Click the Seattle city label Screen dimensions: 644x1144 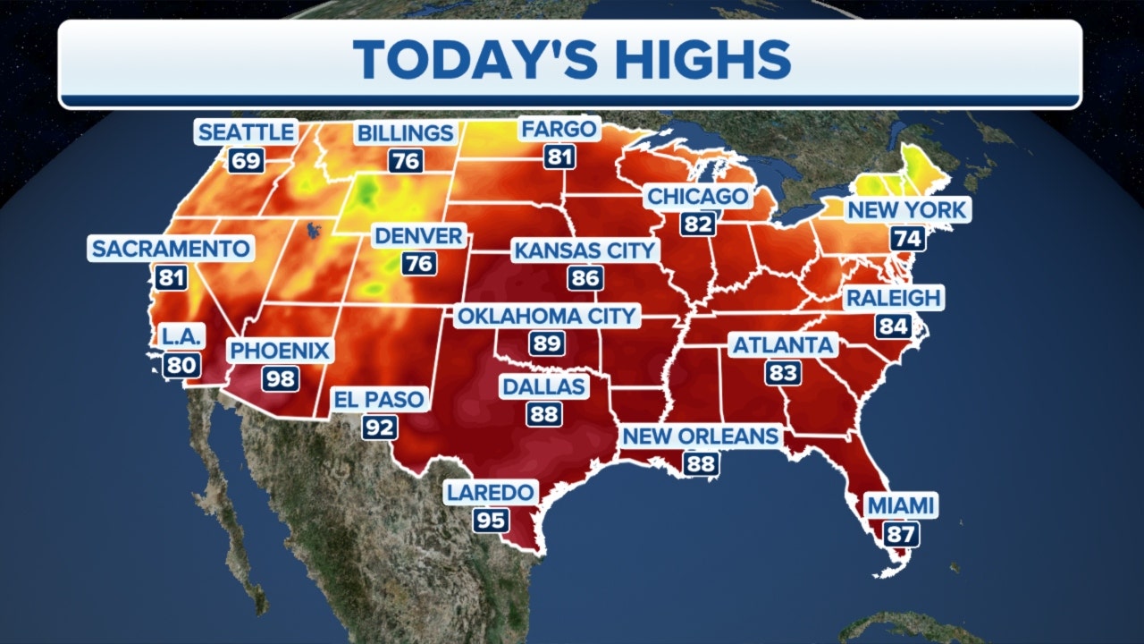point(246,132)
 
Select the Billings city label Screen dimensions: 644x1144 point(406,133)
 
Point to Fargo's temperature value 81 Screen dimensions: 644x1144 point(559,157)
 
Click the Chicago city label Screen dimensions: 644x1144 point(697,196)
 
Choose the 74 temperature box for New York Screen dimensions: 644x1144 point(907,238)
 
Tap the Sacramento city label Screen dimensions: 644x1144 point(171,249)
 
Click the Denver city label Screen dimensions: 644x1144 point(418,236)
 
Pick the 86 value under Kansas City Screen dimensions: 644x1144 point(585,277)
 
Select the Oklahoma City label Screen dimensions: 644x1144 point(546,316)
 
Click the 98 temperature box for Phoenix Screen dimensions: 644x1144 point(280,377)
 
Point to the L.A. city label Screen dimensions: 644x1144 point(181,336)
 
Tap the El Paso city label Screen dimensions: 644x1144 point(380,399)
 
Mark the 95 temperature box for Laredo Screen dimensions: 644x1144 point(491,520)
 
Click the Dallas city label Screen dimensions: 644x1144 point(543,386)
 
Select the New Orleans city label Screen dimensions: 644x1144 point(701,436)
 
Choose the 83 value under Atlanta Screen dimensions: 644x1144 point(783,372)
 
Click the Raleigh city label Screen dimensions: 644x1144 point(894,298)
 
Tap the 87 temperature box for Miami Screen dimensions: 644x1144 point(900,534)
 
